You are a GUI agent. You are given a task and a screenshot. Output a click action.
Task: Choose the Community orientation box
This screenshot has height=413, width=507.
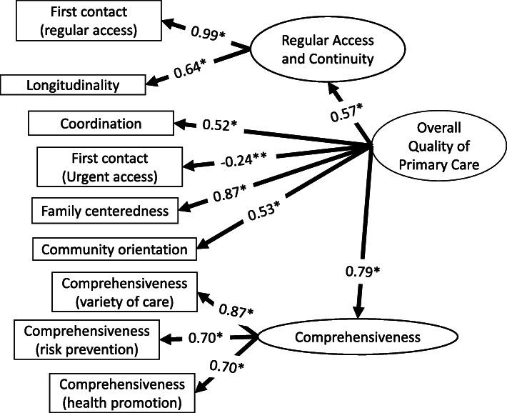pyautogui.click(x=114, y=249)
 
